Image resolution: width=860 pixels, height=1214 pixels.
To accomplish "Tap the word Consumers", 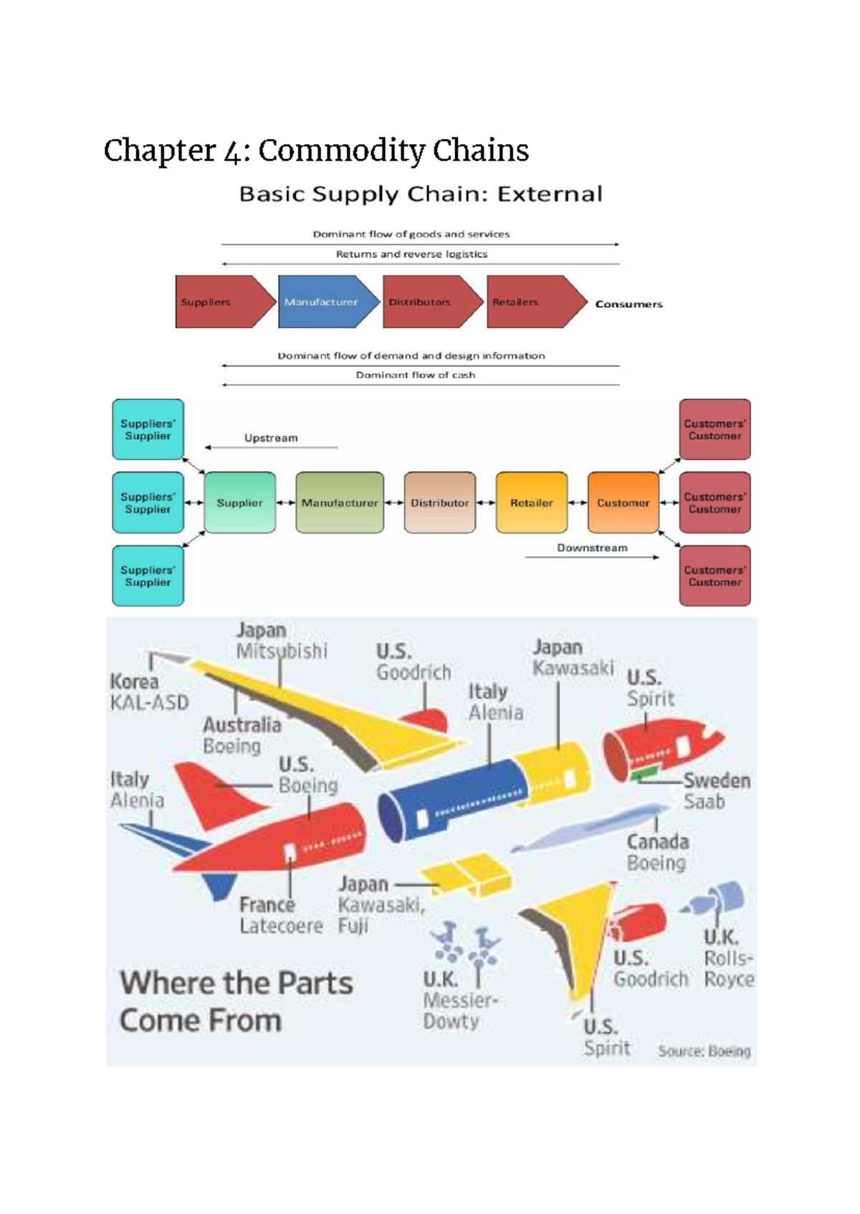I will pos(629,304).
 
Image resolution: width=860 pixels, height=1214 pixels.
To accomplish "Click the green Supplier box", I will pos(239,502).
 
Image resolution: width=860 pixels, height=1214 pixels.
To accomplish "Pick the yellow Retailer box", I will pos(531,502).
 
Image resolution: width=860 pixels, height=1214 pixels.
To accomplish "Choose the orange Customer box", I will pos(623,502).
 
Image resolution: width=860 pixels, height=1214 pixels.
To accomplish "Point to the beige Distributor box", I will pos(439,502).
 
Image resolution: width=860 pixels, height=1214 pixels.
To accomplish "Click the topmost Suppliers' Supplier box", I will pos(148,429).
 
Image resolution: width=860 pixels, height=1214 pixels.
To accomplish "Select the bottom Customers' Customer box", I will pos(715,575).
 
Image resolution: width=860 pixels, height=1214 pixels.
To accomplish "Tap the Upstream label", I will pos(271,438).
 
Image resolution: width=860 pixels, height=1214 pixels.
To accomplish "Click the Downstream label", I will pos(592,548).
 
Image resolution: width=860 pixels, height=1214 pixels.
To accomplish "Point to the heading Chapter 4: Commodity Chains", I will pos(316,150).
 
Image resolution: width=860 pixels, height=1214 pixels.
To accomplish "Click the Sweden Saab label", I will pos(716,790).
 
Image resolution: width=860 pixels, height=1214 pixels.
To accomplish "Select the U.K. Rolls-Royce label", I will pos(727,958).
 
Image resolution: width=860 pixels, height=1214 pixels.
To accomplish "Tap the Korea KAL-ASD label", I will pos(148,692).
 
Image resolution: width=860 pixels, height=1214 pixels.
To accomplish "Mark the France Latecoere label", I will pos(280,915).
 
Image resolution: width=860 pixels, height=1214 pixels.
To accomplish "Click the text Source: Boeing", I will pos(704,1051).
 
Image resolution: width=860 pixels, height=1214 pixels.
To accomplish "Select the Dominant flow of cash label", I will pos(415,375).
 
